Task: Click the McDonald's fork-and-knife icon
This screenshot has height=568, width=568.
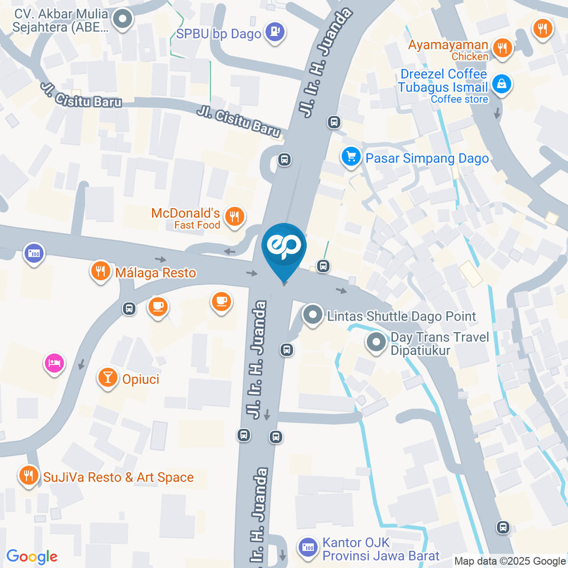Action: tap(235, 217)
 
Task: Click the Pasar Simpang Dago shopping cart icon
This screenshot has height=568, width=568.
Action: tap(351, 157)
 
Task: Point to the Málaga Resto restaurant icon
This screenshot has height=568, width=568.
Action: tap(100, 272)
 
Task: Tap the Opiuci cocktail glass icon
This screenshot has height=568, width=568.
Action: tap(107, 377)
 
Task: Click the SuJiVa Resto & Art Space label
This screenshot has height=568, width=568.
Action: tap(118, 477)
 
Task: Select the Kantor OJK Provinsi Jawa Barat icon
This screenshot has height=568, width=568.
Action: tap(306, 547)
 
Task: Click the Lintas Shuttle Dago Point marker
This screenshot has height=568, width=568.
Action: tap(312, 315)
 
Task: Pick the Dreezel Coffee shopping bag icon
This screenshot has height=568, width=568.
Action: tap(502, 85)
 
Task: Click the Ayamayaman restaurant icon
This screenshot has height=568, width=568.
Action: tap(502, 48)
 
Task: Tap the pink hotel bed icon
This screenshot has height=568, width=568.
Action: tap(54, 363)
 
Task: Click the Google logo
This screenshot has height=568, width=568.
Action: tap(32, 557)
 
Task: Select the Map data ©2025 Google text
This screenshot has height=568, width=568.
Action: tap(510, 561)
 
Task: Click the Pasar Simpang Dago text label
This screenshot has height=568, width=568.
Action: tap(427, 158)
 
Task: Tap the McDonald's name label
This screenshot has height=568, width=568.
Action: tap(186, 213)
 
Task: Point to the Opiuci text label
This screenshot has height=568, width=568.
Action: tap(141, 379)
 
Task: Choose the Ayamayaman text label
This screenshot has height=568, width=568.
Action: tap(448, 46)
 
